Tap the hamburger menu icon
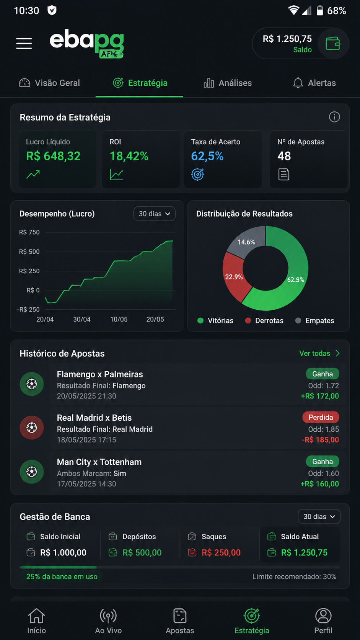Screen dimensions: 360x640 [x=24, y=43]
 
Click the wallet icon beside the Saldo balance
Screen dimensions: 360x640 [x=333, y=44]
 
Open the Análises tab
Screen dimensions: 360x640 [x=228, y=83]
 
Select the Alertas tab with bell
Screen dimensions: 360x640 [x=314, y=83]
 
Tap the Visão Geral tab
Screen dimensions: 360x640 [x=49, y=83]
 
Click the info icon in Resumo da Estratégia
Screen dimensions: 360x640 [x=334, y=117]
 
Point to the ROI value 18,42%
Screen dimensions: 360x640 [x=129, y=156]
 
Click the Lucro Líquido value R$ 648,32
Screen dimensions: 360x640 [x=53, y=156]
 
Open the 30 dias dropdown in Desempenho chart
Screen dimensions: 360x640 [x=155, y=214]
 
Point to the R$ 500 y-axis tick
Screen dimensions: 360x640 [x=29, y=252]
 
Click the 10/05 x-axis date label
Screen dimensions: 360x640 [x=119, y=320]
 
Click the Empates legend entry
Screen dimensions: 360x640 [x=314, y=320]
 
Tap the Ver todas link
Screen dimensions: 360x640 [x=319, y=353]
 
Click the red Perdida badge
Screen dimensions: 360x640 [x=321, y=418]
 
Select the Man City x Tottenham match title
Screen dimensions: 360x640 [x=99, y=462]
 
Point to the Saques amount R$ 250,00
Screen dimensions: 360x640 [x=221, y=553]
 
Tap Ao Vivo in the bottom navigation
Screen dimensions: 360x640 [x=108, y=621]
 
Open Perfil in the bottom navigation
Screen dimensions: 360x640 [x=323, y=621]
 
